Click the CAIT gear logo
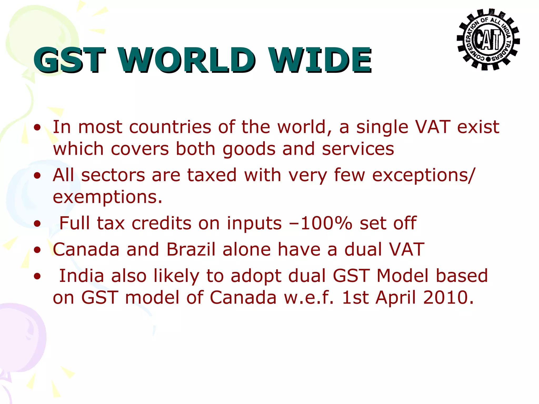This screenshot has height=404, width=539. coord(488,39)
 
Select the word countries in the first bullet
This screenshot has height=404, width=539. coord(170,127)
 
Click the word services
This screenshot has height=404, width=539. coord(358,149)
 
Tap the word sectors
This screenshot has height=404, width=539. coord(113,175)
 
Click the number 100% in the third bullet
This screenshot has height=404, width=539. coord(326,223)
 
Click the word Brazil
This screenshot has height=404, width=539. coord(191,249)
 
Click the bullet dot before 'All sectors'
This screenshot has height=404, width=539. coord(37,176)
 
